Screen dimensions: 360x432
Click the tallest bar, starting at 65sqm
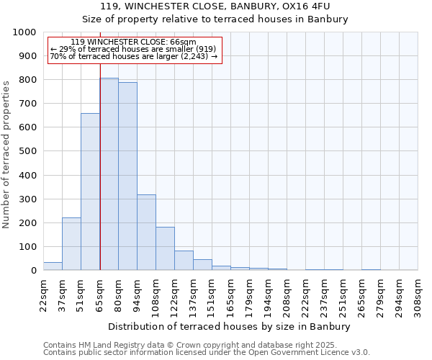coord(109,174)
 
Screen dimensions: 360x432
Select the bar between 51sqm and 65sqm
coord(90,192)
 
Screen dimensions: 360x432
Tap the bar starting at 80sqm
coord(127,176)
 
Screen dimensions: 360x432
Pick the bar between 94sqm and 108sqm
coord(146,233)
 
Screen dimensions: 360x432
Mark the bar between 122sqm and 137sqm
coord(184,261)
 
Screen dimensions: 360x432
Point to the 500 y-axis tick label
coord(27,151)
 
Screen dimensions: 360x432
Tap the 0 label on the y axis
coord(34,271)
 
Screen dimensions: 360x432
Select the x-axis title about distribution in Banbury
coord(230,326)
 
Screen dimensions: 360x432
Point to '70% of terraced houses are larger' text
coord(134,56)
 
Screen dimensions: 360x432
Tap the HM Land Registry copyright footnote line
coord(205,345)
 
